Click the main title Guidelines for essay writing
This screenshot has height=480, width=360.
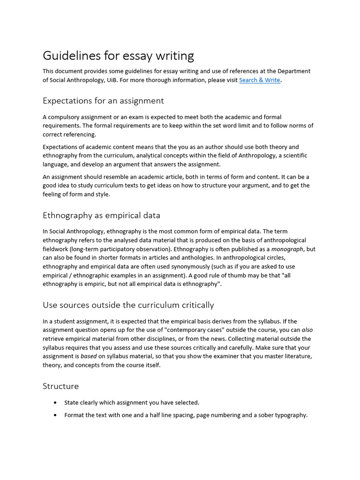118,56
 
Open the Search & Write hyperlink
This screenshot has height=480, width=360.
259,80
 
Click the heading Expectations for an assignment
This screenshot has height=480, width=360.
103,101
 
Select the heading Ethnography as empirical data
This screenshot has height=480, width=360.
101,216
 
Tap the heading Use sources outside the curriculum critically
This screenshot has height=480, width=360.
128,305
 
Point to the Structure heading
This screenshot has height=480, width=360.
60,386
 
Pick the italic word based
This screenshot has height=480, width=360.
89,356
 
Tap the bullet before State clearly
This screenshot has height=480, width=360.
56,403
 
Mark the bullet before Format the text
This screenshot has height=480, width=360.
56,415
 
